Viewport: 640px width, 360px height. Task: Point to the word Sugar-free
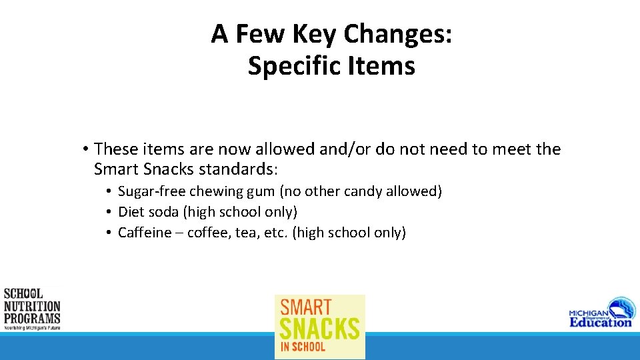point(152,192)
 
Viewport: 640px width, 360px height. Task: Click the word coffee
point(209,233)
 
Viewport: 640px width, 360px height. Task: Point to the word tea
point(247,233)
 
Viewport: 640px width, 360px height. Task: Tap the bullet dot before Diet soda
point(107,213)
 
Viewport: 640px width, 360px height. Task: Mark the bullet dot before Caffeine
point(107,233)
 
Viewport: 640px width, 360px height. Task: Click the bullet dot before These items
point(85,149)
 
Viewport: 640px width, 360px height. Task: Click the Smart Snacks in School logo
point(320,326)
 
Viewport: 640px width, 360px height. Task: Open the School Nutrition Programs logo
point(32,309)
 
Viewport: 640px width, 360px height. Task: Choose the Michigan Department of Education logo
point(601,313)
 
